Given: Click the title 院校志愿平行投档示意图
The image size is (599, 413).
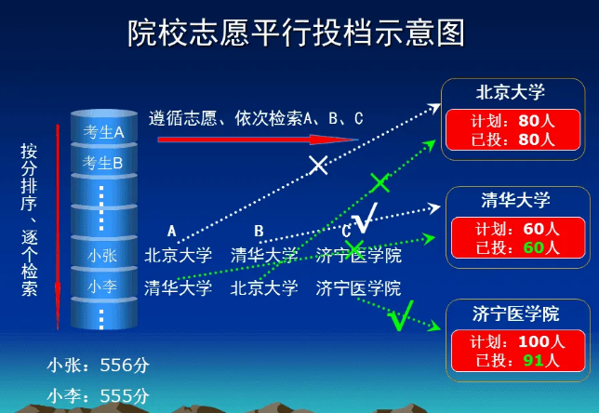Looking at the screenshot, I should point(296,34).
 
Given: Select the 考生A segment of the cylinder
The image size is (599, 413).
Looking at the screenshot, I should point(103,132).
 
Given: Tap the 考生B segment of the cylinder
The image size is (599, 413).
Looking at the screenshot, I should point(103,163).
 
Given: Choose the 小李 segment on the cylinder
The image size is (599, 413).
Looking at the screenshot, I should point(102,287).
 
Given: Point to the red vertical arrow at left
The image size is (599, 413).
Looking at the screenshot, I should point(58,223).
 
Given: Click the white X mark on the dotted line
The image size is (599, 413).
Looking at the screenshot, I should point(318,166).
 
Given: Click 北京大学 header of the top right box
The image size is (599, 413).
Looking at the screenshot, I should point(510,92).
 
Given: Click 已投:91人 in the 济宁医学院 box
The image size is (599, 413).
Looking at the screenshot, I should point(515,360).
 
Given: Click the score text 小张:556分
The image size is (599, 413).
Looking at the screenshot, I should point(99,366).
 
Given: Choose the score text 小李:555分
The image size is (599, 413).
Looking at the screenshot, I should point(99,395).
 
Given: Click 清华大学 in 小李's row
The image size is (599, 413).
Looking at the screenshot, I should point(178,287).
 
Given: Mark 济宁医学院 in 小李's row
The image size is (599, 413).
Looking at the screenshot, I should point(358,287).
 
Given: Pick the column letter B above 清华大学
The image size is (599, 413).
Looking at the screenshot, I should point(260,231).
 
